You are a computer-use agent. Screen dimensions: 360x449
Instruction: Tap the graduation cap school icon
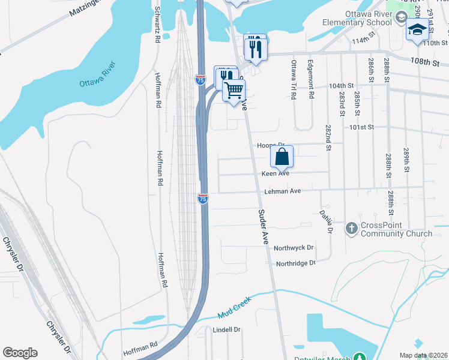(417, 29)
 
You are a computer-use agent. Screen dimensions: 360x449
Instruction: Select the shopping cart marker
(234, 91)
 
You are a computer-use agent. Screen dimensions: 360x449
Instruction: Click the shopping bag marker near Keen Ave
(282, 157)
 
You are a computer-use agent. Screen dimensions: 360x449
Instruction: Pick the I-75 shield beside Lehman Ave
(203, 199)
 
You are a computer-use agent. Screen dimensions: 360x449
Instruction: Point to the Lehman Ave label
(282, 191)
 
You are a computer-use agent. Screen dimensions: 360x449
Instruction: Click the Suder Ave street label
(263, 227)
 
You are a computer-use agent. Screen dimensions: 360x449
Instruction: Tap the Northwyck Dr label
(294, 248)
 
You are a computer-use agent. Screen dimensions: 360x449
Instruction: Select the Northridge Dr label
(295, 263)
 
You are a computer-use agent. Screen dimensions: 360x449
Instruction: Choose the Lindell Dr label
(226, 330)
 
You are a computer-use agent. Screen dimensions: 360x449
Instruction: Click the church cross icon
(352, 229)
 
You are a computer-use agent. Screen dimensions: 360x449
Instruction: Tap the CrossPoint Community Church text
(396, 230)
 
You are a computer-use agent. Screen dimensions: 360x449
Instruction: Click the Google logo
(20, 353)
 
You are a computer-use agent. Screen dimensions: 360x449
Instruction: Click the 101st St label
(362, 127)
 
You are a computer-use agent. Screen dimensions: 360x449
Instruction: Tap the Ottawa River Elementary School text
(367, 19)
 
